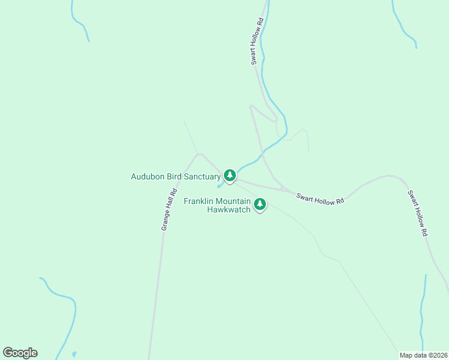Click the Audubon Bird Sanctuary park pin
[229, 175]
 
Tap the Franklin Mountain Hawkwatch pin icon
[260, 205]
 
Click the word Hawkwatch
[229, 209]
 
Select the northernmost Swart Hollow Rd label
[257, 41]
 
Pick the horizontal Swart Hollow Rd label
[319, 199]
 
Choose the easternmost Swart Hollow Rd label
[417, 213]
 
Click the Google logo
[20, 353]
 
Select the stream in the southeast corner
[423, 312]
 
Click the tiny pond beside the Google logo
[74, 354]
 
